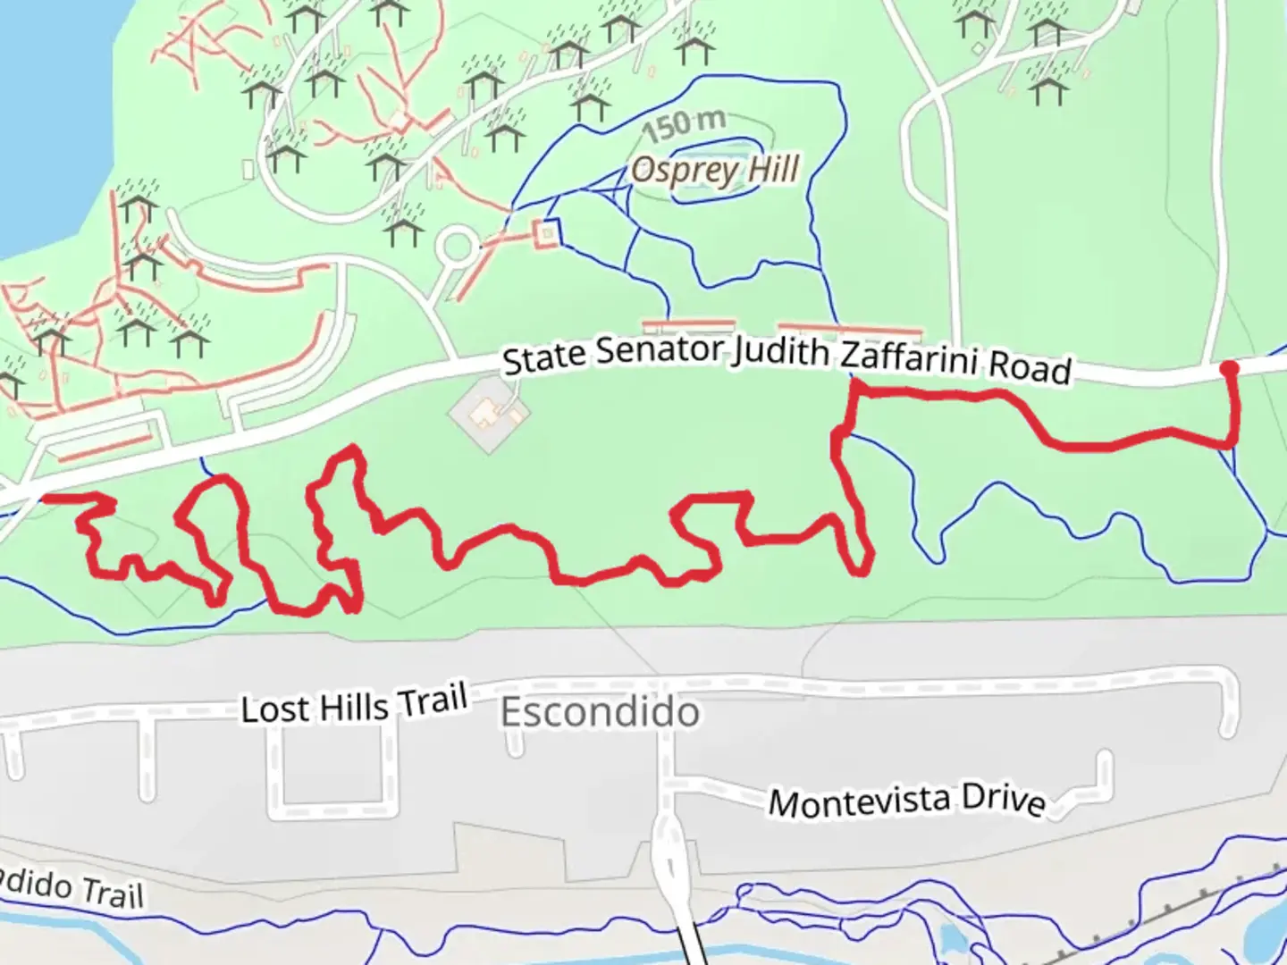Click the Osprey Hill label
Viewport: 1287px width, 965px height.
click(x=714, y=170)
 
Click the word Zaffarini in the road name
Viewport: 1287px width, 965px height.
click(x=908, y=358)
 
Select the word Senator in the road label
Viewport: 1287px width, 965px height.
click(x=660, y=351)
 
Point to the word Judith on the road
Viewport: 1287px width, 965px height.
click(x=781, y=352)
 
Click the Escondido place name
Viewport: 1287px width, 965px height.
click(x=600, y=712)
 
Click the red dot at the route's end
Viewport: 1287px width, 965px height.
click(x=1229, y=368)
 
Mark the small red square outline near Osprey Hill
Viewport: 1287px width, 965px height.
click(x=547, y=234)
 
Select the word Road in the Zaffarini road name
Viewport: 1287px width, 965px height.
click(x=1037, y=367)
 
